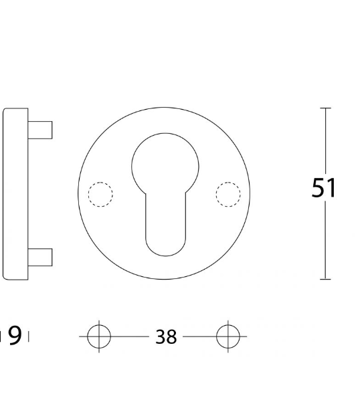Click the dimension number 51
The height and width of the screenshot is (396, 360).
coord(324,188)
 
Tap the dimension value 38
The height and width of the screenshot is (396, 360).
coord(166,336)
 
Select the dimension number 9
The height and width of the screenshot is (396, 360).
coord(15,335)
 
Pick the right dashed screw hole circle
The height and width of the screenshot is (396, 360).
coord(228,194)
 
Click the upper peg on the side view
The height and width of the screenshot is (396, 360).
coord(40,129)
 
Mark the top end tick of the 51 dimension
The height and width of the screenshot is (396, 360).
coord(326,108)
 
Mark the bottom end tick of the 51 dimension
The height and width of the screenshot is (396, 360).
coord(326,279)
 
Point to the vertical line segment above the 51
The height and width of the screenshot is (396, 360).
coord(326,140)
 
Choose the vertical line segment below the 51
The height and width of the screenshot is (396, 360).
coord(326,241)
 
